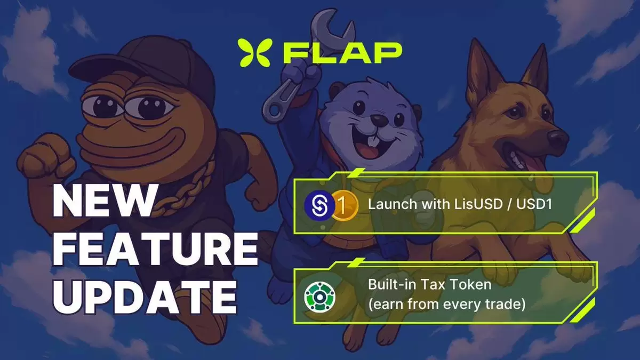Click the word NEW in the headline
pos(105,201)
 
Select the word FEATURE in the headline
pos(156,249)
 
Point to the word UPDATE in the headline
pos(145,297)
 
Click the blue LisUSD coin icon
pos(319,205)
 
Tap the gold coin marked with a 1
pos(345,205)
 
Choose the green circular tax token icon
pos(319,297)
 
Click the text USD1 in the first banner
pos(534,204)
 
